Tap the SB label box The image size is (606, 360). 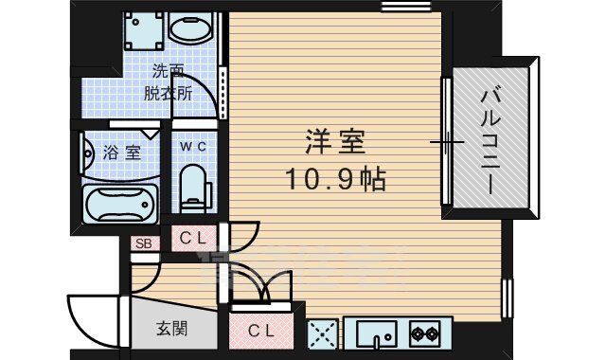tap(145, 243)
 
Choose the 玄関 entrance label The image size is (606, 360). tap(171, 330)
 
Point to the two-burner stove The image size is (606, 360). tap(424, 333)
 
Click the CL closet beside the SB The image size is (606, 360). tap(193, 238)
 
